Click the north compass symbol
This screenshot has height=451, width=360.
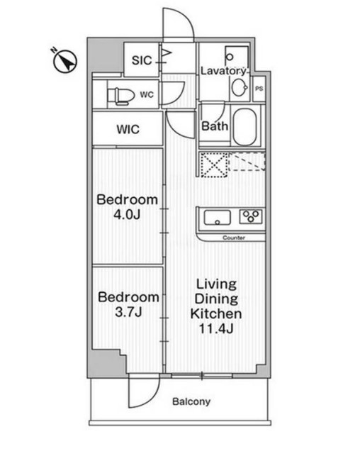click(x=64, y=61)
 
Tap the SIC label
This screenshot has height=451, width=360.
click(x=142, y=60)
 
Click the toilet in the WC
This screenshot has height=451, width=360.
click(x=120, y=95)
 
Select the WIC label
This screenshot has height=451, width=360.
click(x=128, y=129)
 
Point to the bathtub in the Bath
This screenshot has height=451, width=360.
click(x=244, y=127)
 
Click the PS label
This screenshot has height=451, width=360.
click(x=259, y=89)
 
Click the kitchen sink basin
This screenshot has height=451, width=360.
click(x=217, y=218)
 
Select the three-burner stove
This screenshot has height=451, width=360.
click(x=251, y=216)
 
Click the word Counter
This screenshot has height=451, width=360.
click(x=234, y=238)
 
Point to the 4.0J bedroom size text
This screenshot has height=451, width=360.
click(x=127, y=215)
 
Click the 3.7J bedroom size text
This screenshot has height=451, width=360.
click(x=128, y=312)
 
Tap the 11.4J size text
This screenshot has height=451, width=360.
click(x=216, y=328)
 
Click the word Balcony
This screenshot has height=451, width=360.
click(x=191, y=401)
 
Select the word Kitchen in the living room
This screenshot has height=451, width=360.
click(x=216, y=313)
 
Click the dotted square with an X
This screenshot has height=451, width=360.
click(x=214, y=165)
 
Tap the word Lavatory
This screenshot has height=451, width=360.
click(x=223, y=71)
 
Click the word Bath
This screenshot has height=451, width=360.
click(x=215, y=126)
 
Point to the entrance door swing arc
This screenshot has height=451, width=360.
click(x=184, y=18)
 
